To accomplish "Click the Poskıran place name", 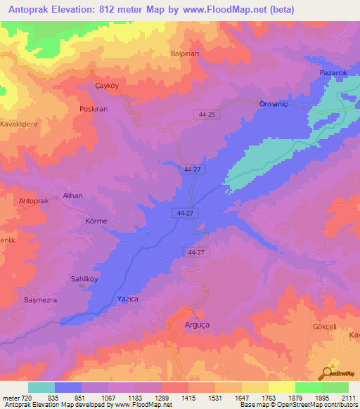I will [x=93, y=110].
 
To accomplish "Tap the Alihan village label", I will [x=73, y=196].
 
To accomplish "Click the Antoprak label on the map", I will [x=34, y=201].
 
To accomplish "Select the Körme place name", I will [x=96, y=221].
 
